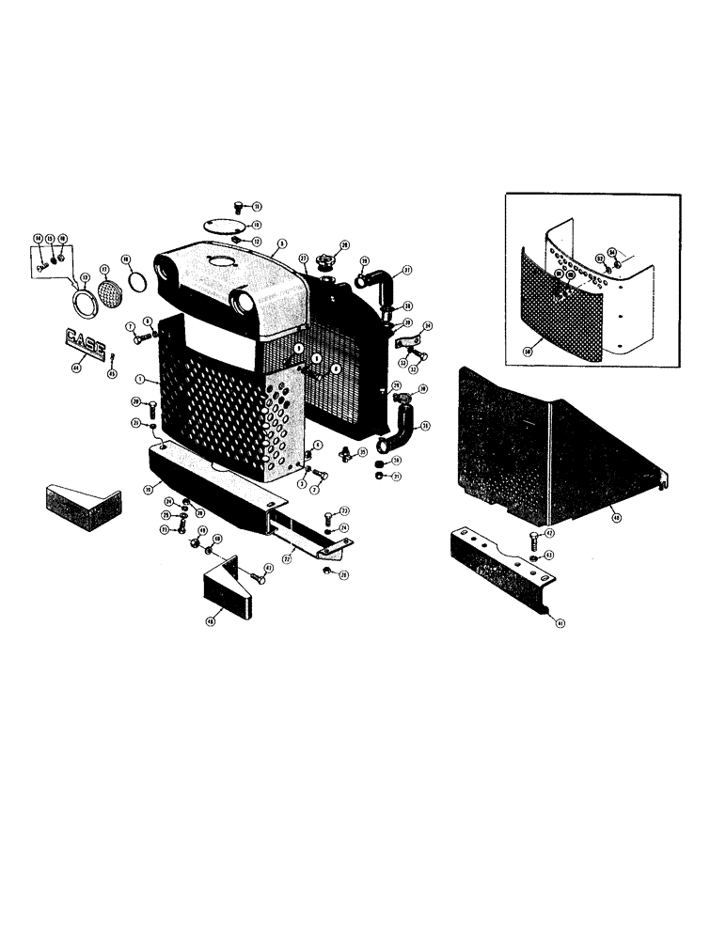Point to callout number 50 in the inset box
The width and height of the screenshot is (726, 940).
coord(528,352)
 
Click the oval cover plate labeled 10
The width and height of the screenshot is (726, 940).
coord(222,225)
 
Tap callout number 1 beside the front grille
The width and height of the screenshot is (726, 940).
coord(138,381)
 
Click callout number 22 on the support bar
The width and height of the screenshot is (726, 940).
coord(286,556)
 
